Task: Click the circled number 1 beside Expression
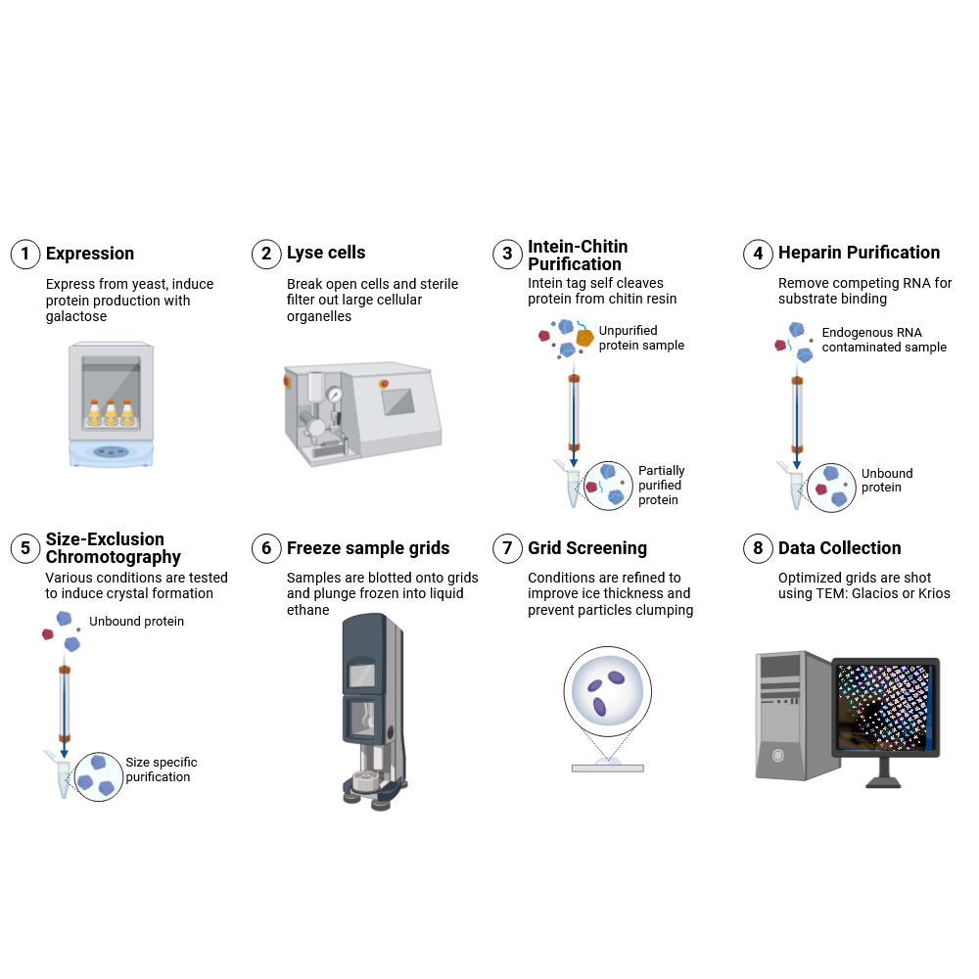pyautogui.click(x=24, y=254)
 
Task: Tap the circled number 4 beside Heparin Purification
pyautogui.click(x=758, y=254)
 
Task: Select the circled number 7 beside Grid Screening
pyautogui.click(x=507, y=548)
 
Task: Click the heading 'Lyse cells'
pyautogui.click(x=326, y=253)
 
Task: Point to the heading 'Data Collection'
pyautogui.click(x=839, y=548)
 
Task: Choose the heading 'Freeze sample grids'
pyautogui.click(x=368, y=548)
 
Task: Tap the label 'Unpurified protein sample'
pyautogui.click(x=641, y=338)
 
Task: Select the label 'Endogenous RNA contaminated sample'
pyautogui.click(x=883, y=340)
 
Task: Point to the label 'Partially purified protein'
pyautogui.click(x=661, y=486)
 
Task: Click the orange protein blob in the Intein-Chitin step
pyautogui.click(x=584, y=338)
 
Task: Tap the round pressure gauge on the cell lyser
pyautogui.click(x=336, y=394)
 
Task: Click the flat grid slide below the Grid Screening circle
pyautogui.click(x=607, y=768)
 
